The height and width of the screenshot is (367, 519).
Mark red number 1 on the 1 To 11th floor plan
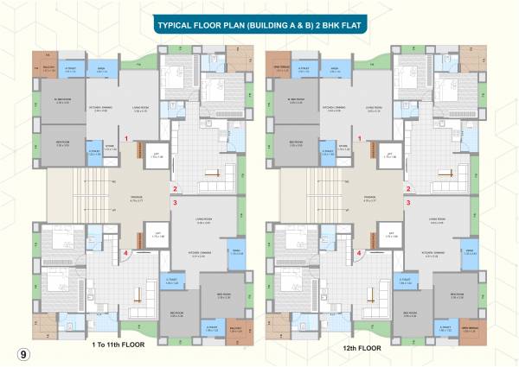(127, 138)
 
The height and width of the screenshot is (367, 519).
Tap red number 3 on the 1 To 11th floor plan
(175, 203)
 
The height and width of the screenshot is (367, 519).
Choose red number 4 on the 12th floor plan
(359, 252)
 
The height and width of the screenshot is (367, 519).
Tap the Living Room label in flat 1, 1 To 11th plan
(142, 109)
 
